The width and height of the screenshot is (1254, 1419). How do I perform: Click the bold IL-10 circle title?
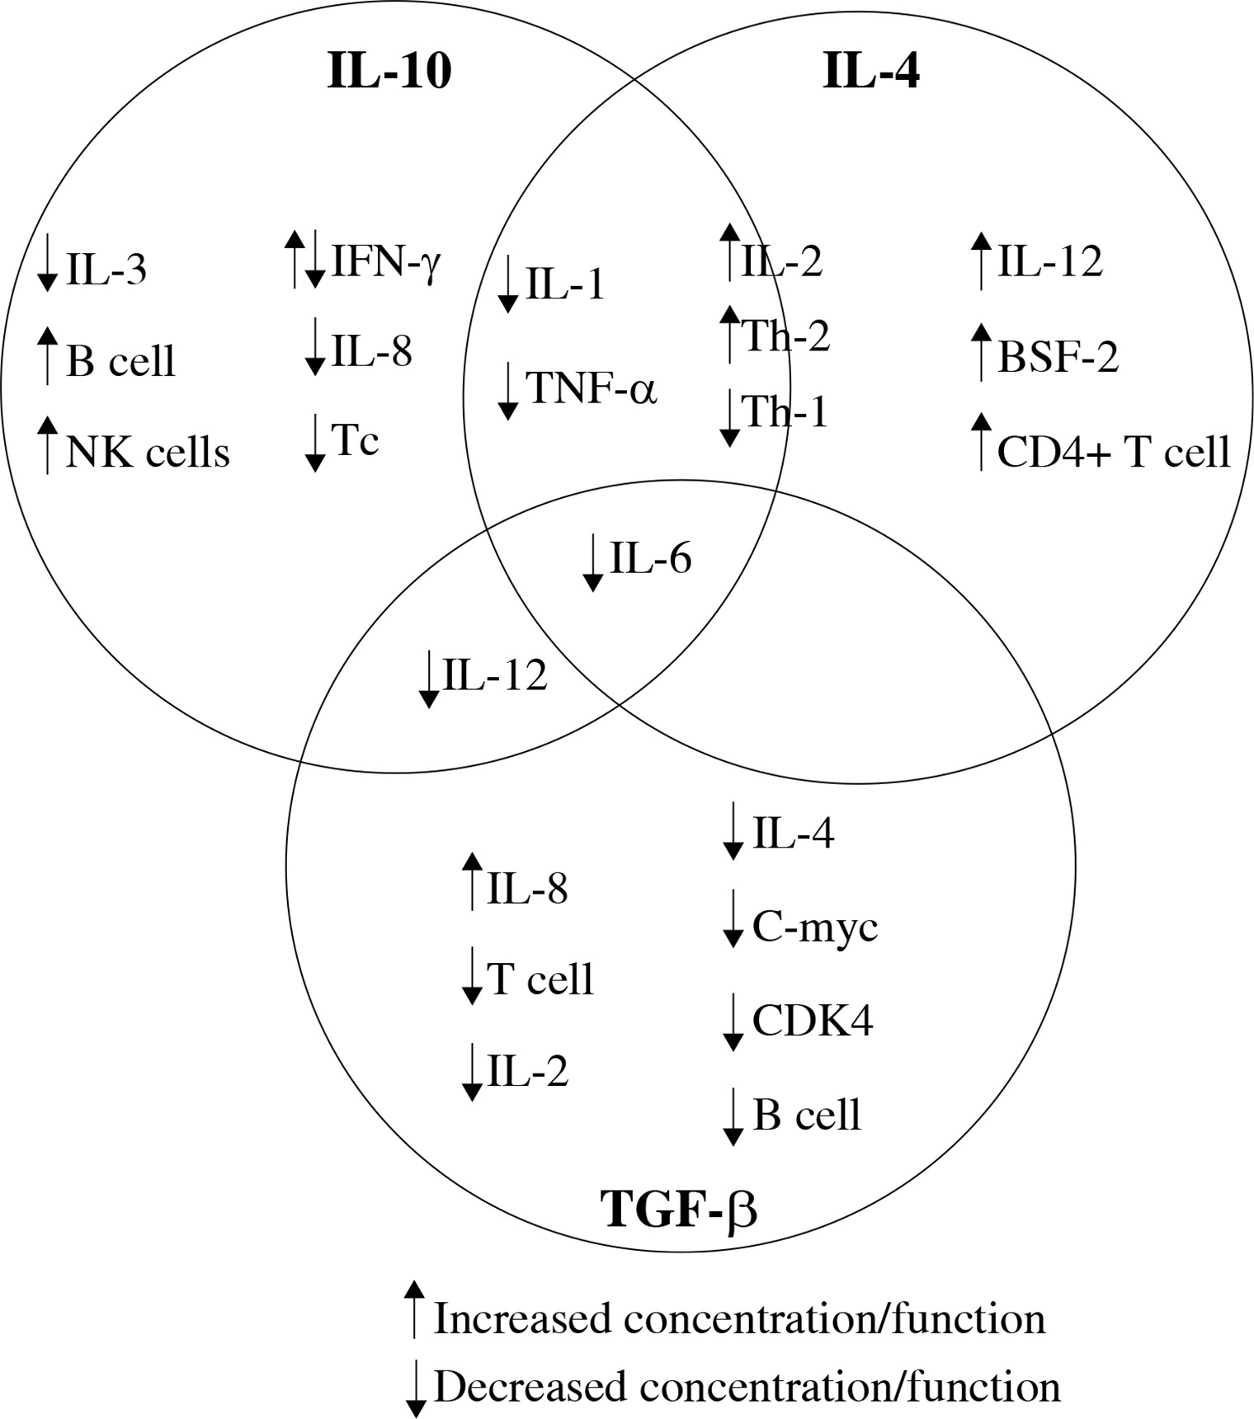[x=389, y=71]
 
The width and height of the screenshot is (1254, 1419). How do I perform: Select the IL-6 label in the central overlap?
[x=650, y=559]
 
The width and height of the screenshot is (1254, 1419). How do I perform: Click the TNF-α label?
[x=591, y=388]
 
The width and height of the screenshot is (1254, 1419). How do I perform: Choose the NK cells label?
[x=148, y=453]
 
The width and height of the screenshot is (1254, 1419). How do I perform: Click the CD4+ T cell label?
[x=1113, y=453]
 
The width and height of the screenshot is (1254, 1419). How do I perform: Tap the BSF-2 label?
[x=1058, y=358]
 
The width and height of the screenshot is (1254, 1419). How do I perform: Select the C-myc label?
[x=814, y=928]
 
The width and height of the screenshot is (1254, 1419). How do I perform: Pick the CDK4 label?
[x=813, y=1021]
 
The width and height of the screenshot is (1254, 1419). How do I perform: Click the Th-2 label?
[x=785, y=336]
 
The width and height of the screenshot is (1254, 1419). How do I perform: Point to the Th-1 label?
[x=784, y=411]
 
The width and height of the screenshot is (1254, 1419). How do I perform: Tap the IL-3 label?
[x=106, y=270]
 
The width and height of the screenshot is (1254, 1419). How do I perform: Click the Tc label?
[x=355, y=439]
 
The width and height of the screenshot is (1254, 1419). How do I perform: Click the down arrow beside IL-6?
[x=592, y=562]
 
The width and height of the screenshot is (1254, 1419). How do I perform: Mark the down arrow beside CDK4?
[x=733, y=1022]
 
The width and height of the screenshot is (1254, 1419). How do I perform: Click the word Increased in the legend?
[x=524, y=1318]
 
